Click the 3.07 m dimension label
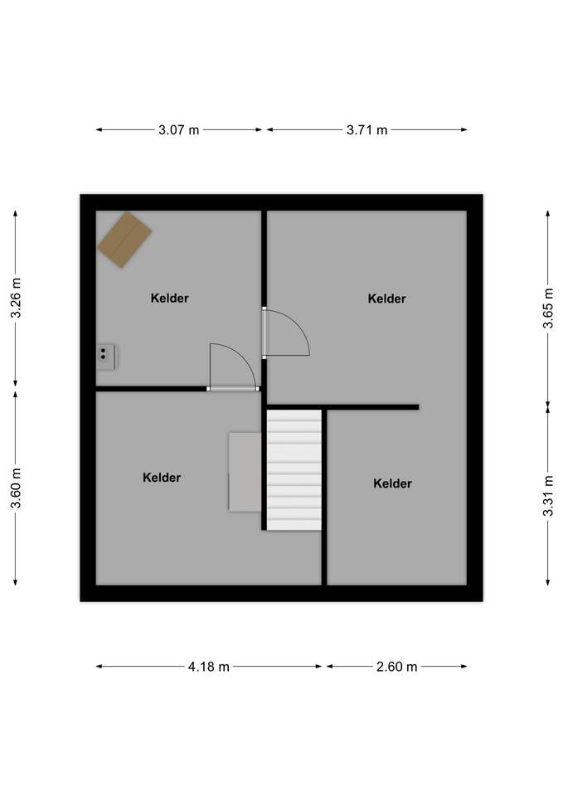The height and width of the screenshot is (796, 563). [179, 130]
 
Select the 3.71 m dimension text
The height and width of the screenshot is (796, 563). [366, 130]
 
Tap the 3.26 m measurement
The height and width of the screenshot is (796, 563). [16, 298]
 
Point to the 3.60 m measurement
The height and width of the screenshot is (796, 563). [16, 488]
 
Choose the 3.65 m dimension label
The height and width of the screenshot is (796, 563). [548, 308]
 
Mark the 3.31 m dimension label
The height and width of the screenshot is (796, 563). [548, 496]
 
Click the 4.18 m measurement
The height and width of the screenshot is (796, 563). [209, 667]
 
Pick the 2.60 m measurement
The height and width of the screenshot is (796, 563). [396, 667]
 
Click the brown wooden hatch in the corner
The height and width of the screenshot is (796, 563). [124, 240]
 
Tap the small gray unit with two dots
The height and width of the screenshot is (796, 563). [106, 357]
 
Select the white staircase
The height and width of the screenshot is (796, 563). [294, 470]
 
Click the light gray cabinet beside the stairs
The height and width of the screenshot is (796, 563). [245, 472]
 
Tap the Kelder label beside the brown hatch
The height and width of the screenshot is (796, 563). [169, 298]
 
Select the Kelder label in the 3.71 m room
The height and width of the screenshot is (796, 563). [387, 298]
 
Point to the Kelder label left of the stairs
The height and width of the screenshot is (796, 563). [162, 478]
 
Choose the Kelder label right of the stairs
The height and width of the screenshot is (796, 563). [392, 483]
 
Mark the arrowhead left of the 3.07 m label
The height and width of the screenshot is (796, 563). [99, 130]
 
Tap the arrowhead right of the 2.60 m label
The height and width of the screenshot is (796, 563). [464, 667]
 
